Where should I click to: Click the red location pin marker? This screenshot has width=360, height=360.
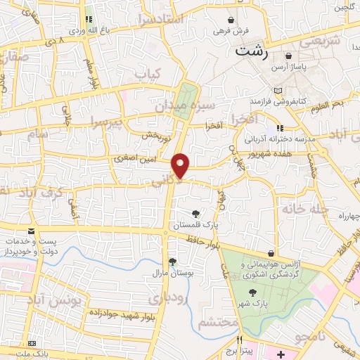pyautogui.click(x=181, y=165)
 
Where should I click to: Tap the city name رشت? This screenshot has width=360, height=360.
pyautogui.click(x=252, y=51)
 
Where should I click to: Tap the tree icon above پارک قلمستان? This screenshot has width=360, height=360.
pyautogui.click(x=195, y=214)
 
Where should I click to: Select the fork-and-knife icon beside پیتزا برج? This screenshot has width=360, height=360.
pyautogui.click(x=240, y=340)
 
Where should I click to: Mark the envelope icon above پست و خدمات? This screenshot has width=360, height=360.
pyautogui.click(x=31, y=231)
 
